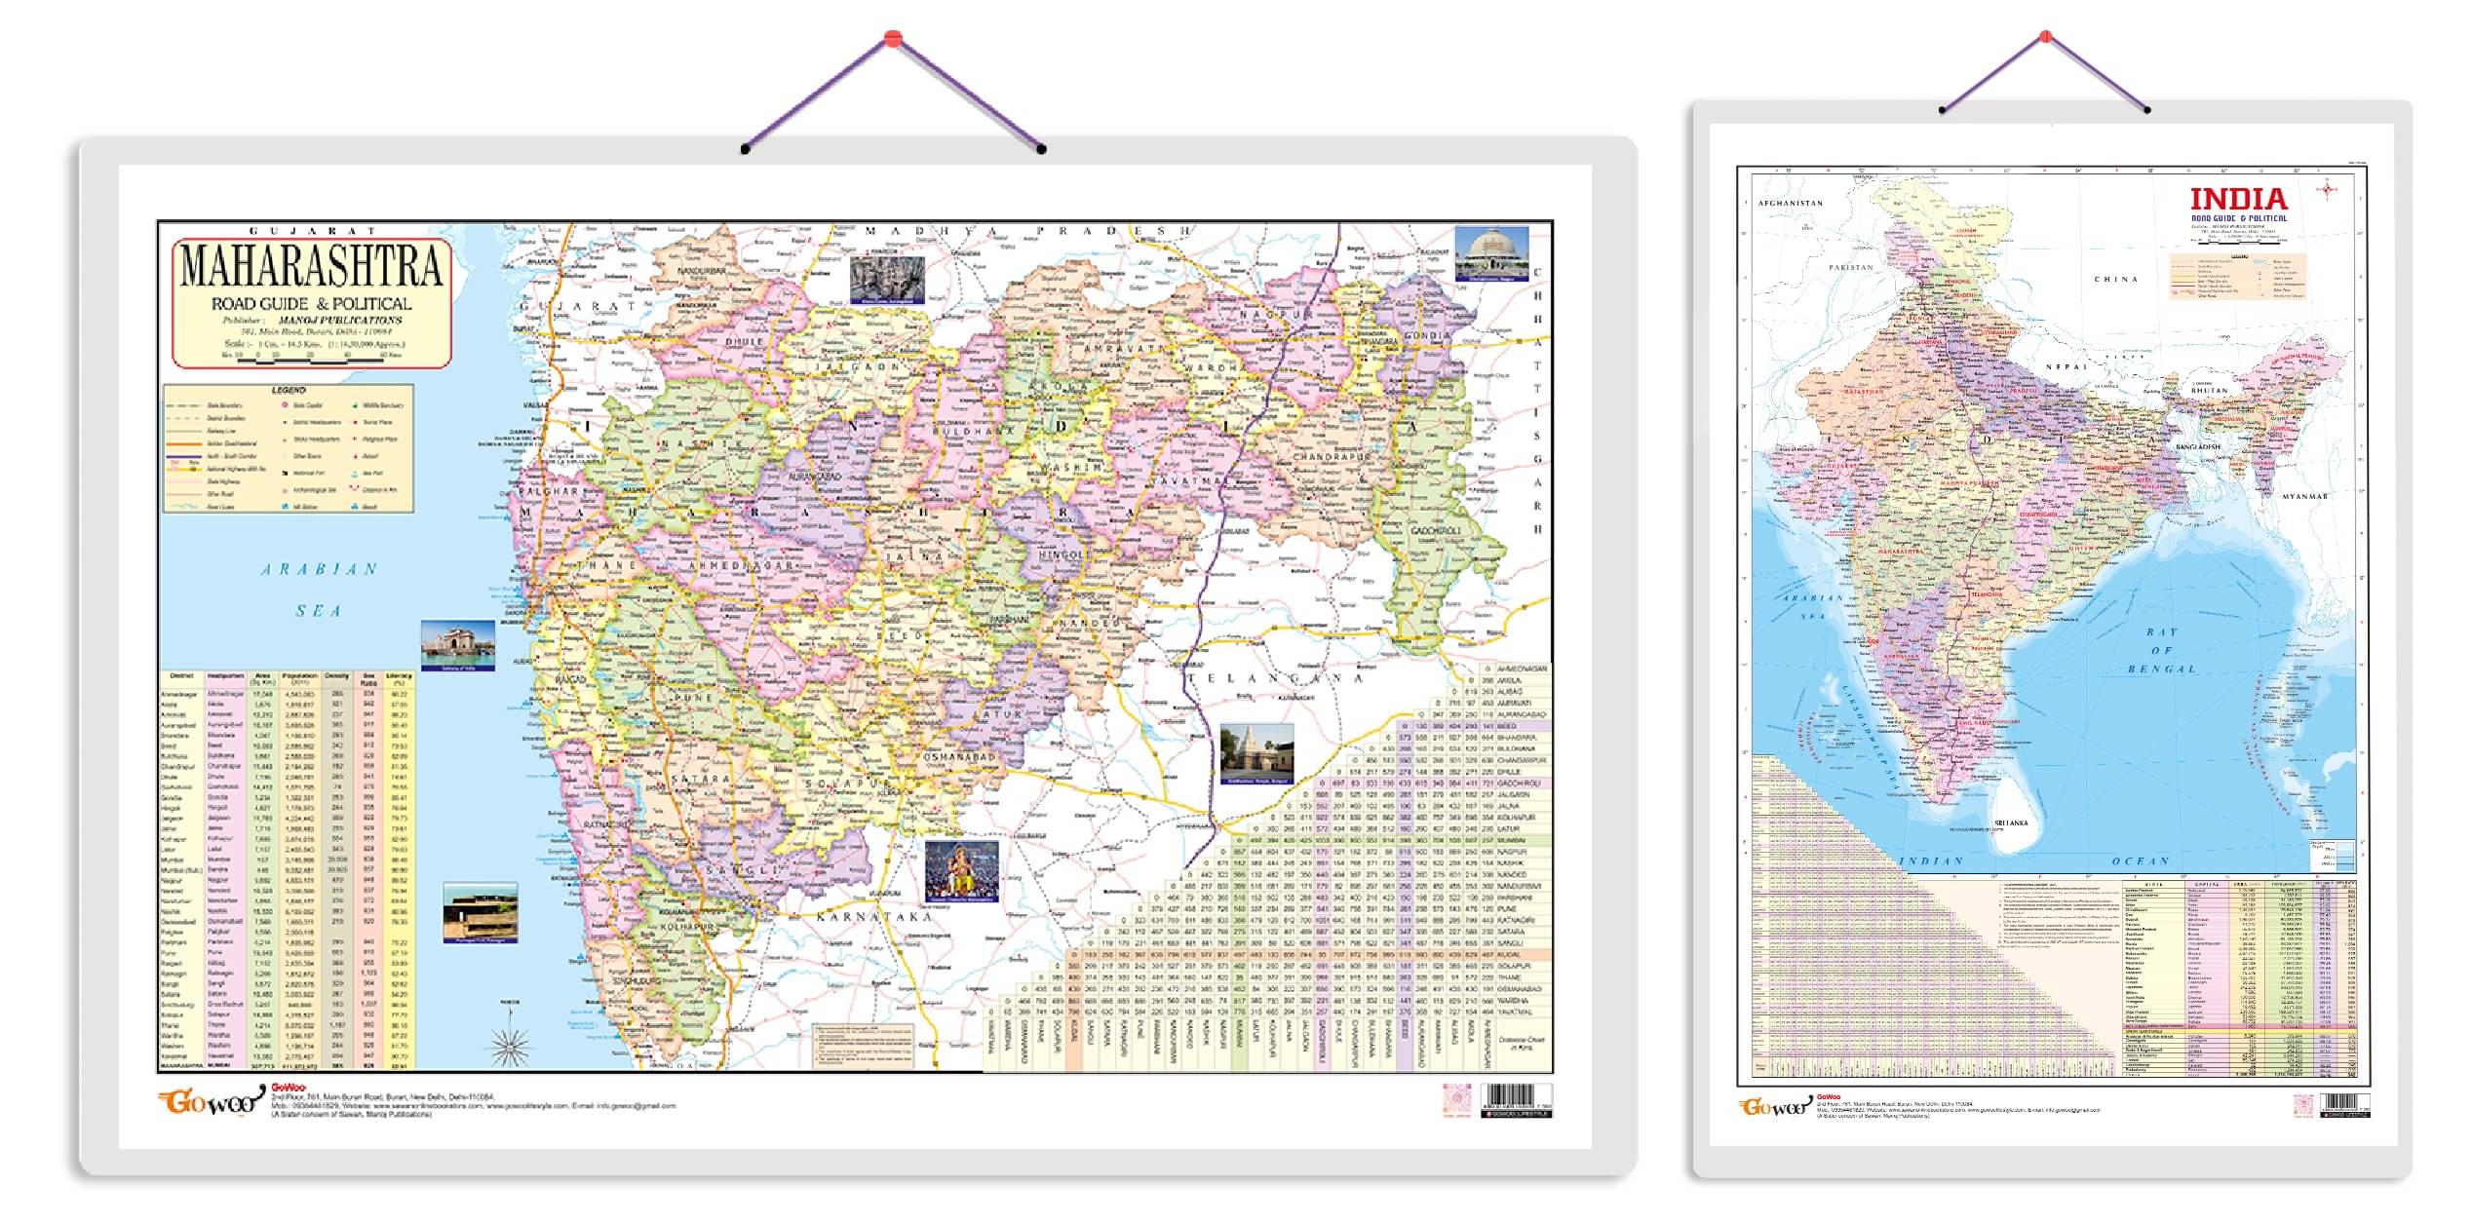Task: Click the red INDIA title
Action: click(x=2238, y=199)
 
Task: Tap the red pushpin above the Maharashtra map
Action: click(x=893, y=39)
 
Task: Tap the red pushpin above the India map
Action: click(x=2045, y=37)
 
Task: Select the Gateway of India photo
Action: click(x=457, y=644)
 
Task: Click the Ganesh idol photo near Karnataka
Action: click(x=961, y=870)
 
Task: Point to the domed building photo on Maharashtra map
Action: click(x=1490, y=253)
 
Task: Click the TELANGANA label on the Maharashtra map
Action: click(x=1274, y=678)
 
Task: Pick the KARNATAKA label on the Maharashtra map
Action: click(x=874, y=917)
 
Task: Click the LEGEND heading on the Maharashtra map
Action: click(x=289, y=390)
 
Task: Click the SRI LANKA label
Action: click(x=2011, y=823)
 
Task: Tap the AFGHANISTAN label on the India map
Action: click(x=1790, y=204)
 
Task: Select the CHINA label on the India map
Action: click(x=2115, y=280)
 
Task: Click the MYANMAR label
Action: click(x=2304, y=497)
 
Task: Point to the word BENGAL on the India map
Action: click(x=2161, y=669)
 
